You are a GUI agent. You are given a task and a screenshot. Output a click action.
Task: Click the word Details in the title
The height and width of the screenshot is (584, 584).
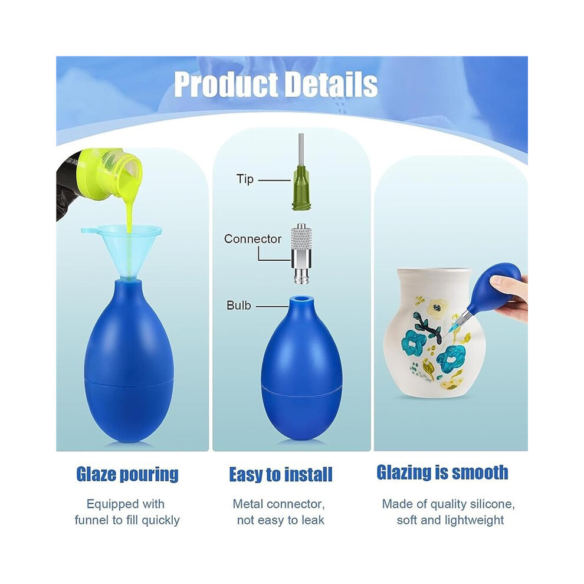(x=331, y=84)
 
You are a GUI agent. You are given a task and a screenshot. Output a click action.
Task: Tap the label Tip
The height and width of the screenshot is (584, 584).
(x=245, y=179)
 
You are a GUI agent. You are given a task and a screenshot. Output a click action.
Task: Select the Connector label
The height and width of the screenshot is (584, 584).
(x=252, y=239)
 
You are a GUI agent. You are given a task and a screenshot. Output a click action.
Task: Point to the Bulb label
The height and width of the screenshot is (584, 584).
(x=239, y=306)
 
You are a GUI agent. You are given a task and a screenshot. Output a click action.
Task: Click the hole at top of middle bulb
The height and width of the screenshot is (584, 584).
(x=301, y=299)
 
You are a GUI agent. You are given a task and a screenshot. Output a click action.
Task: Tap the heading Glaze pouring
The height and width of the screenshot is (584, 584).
(x=127, y=474)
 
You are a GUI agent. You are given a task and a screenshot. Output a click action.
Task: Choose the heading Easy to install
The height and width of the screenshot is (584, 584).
(x=280, y=475)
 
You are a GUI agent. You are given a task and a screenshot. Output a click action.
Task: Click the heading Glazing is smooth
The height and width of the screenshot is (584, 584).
(x=442, y=473)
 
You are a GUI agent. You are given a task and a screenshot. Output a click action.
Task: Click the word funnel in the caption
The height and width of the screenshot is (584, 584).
(x=93, y=520)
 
